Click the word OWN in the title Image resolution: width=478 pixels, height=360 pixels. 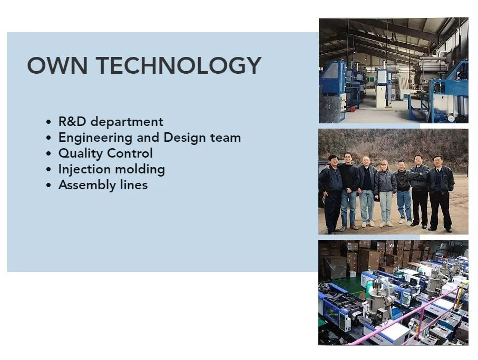[x=57, y=65]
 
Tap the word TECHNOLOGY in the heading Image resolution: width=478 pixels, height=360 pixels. [x=179, y=65]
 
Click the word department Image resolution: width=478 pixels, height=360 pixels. [x=127, y=122]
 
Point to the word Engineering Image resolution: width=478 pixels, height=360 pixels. [x=95, y=138]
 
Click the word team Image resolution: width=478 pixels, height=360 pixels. [x=226, y=138]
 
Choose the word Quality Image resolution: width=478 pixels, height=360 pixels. [x=81, y=153]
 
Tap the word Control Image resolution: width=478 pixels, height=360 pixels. [x=130, y=153]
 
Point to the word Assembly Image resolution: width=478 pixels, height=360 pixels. [x=87, y=186]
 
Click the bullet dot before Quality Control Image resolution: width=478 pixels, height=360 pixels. [x=48, y=153]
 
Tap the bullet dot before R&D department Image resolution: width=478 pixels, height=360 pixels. [x=48, y=122]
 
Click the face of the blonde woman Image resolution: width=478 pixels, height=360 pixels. [x=384, y=166]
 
